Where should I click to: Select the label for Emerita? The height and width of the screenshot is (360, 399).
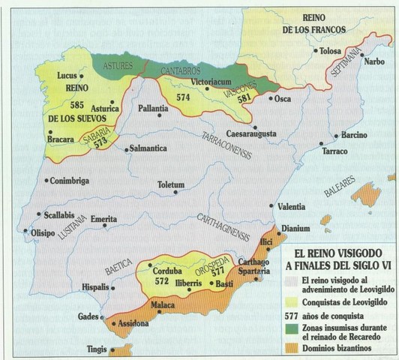tap(103, 219)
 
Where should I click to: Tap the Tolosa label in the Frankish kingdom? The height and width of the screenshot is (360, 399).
tap(331, 51)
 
